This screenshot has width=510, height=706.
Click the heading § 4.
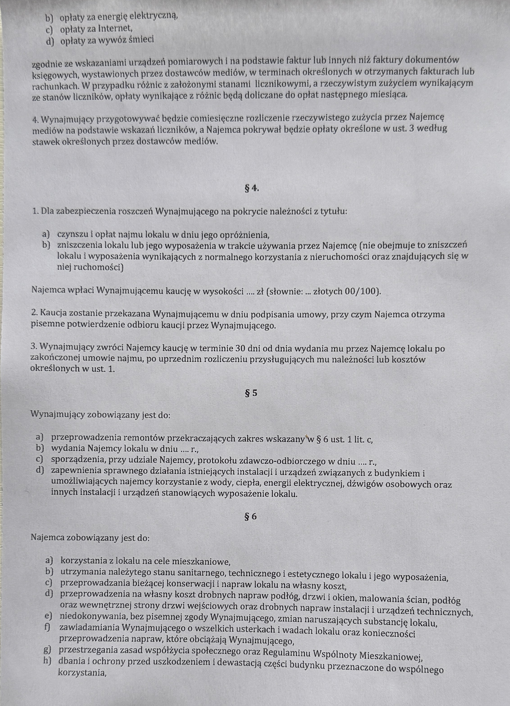pos(252,188)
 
